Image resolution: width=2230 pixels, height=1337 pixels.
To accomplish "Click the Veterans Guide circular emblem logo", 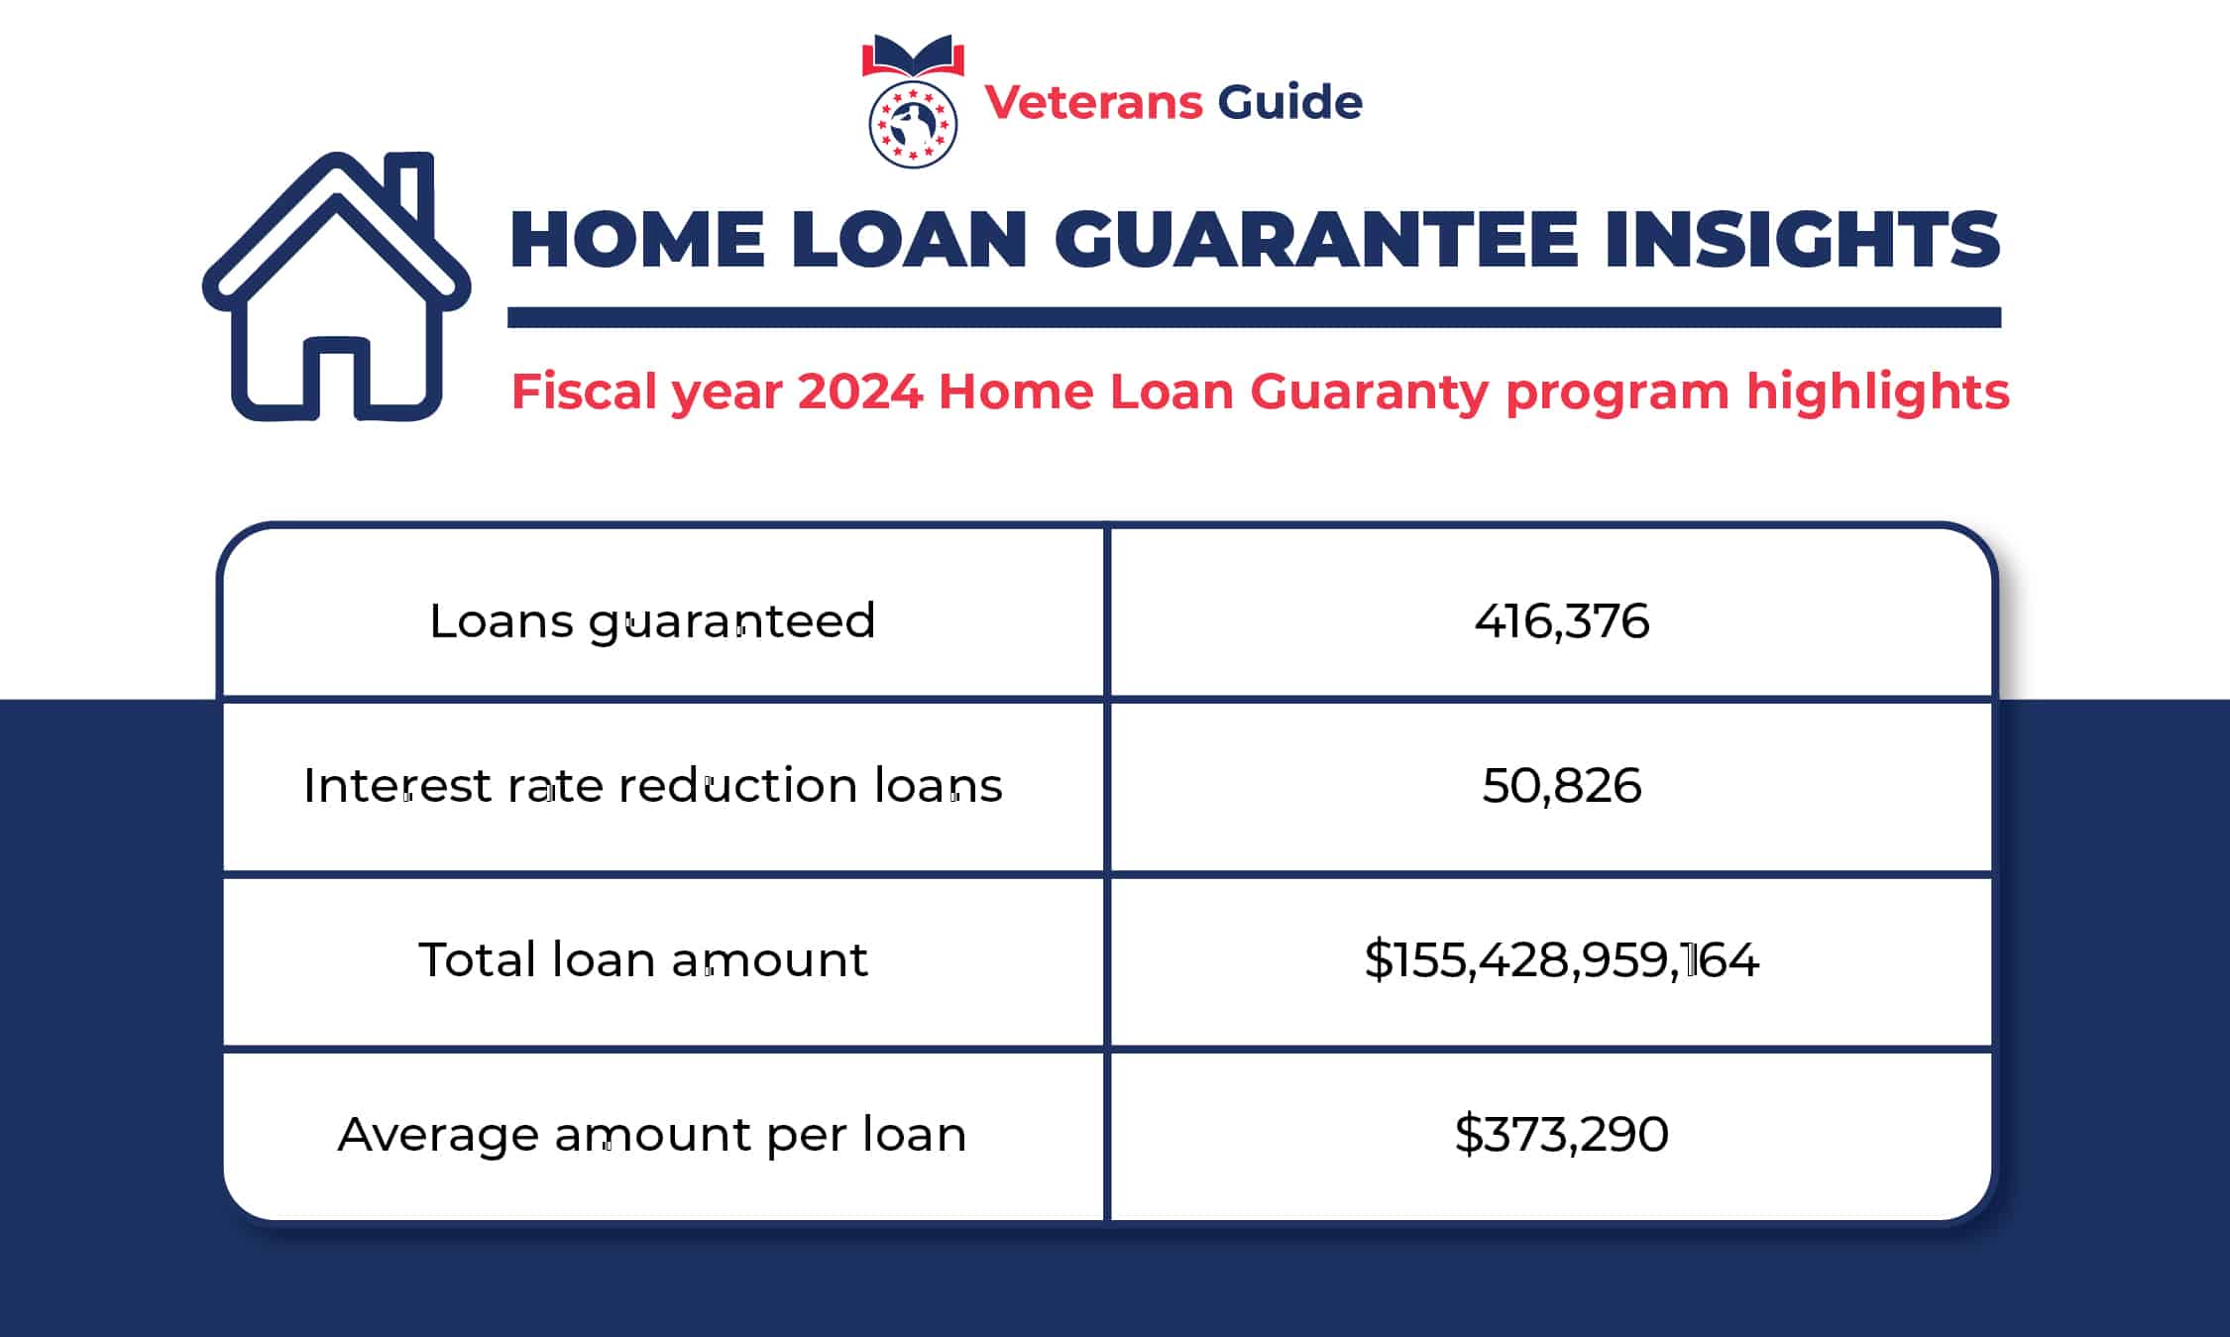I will click(x=913, y=125).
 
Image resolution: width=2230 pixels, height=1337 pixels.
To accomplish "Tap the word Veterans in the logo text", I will click(x=1093, y=102).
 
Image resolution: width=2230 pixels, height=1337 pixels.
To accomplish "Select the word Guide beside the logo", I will click(x=1289, y=102).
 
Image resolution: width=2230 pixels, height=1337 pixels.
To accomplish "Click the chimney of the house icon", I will click(x=410, y=193).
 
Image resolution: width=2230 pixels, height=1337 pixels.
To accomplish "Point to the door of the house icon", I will click(x=337, y=377).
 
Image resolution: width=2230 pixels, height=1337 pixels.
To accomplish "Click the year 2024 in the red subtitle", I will click(x=859, y=391).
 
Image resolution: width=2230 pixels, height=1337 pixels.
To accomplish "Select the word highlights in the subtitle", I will click(x=1877, y=391).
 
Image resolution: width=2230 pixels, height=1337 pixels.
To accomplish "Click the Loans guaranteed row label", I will click(x=652, y=621).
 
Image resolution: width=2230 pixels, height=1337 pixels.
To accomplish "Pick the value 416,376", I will click(x=1561, y=621).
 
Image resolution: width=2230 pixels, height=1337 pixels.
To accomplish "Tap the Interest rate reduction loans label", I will click(x=652, y=786).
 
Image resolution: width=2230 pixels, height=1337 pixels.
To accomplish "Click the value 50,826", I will click(x=1561, y=786).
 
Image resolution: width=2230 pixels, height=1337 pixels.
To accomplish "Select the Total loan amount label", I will click(x=642, y=959).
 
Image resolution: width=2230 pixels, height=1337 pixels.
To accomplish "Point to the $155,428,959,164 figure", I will click(x=1561, y=959).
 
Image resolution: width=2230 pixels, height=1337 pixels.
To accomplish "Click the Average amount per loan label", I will click(x=651, y=1134).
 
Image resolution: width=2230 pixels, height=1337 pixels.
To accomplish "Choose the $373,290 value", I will click(x=1561, y=1134).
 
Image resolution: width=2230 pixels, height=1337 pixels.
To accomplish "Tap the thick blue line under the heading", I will click(x=1254, y=317).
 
